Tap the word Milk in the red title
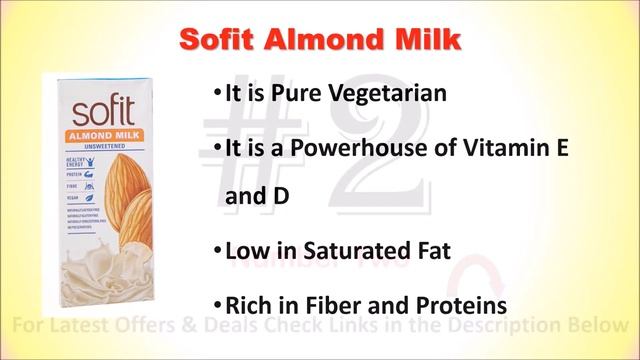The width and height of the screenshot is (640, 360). click(423, 41)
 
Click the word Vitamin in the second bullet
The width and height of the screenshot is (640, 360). click(494, 148)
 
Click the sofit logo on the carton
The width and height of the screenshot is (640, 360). click(96, 107)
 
